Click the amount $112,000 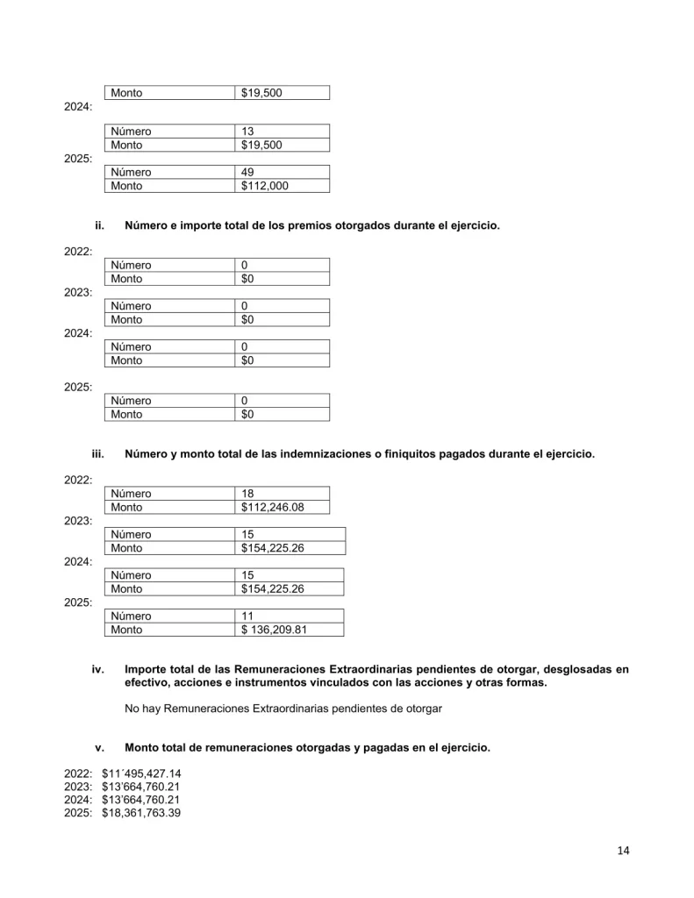(x=265, y=186)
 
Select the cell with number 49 (x=248, y=173)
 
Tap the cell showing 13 (x=248, y=132)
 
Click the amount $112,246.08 (x=273, y=507)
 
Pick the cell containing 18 (x=248, y=494)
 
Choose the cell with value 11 (x=248, y=616)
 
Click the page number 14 (x=624, y=850)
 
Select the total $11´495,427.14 (x=141, y=774)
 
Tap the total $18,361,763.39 (x=141, y=813)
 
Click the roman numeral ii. (x=99, y=226)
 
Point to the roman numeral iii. (x=98, y=454)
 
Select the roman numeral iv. (x=98, y=669)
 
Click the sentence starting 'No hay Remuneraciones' (x=283, y=709)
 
